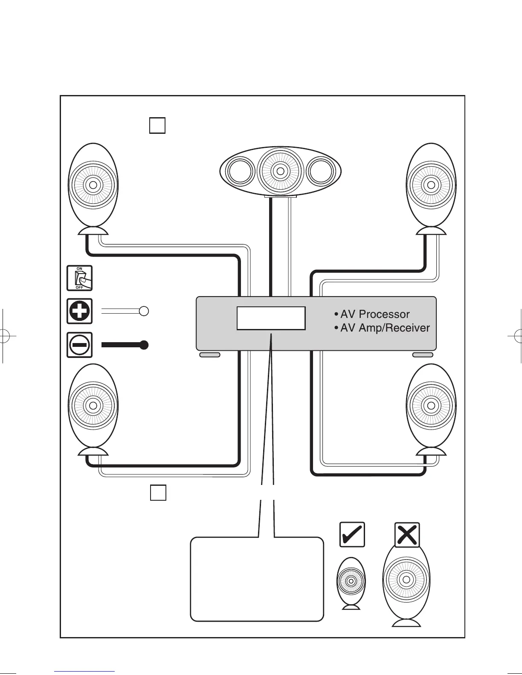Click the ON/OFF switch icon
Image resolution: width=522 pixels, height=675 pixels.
click(79, 278)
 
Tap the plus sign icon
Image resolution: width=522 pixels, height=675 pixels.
click(79, 311)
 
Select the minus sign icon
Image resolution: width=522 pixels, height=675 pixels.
click(79, 345)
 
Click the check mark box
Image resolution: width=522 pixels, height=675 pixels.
click(352, 534)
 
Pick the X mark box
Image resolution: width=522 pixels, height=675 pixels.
click(407, 534)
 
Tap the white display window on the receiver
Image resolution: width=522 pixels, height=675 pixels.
click(271, 318)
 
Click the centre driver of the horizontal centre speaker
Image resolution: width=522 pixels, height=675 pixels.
click(280, 171)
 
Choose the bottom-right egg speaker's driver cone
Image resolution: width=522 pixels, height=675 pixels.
click(431, 405)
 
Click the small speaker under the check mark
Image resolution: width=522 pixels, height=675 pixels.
click(351, 582)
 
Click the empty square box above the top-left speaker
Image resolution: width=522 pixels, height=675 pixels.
click(157, 125)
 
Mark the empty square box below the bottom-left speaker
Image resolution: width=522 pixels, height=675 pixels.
click(158, 493)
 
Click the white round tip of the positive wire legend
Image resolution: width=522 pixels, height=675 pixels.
click(144, 311)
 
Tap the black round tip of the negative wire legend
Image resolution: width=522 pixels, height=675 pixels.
click(144, 345)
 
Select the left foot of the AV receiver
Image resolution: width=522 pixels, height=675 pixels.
click(210, 355)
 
